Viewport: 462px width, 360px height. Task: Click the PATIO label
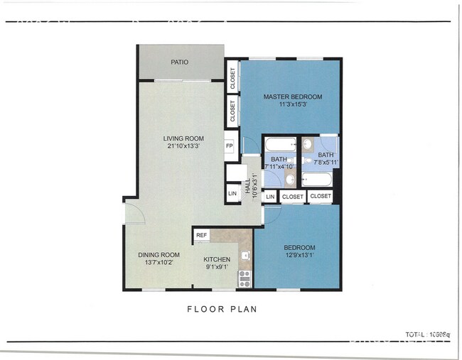pos(180,62)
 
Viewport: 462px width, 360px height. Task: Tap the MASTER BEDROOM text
pos(293,97)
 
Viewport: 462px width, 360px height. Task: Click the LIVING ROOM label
pos(183,138)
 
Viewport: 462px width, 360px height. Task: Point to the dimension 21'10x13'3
pos(183,146)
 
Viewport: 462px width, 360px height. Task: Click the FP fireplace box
pos(230,146)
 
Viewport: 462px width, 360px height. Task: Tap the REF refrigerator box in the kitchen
pos(202,235)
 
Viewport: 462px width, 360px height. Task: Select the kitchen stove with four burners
pos(245,278)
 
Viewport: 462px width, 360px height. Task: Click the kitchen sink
pos(246,255)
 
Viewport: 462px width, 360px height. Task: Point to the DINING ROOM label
pos(159,255)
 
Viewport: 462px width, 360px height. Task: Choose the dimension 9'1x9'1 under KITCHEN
pos(217,267)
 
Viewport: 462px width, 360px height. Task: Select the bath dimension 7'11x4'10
pos(278,166)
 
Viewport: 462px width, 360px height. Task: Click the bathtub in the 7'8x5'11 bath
pos(316,179)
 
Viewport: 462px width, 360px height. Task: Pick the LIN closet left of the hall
pos(232,193)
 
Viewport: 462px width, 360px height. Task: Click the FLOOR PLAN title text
pos(222,309)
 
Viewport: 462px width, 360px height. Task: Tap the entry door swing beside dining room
pos(134,213)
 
